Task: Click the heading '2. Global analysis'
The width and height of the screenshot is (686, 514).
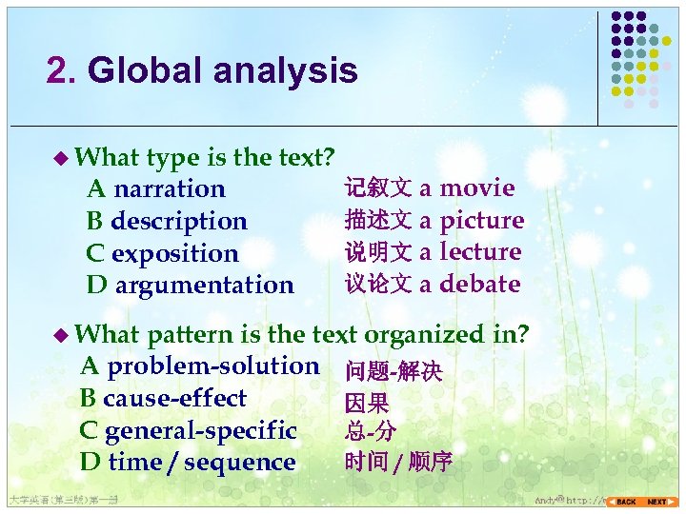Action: (202, 71)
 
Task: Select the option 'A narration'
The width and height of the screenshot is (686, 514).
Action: (155, 189)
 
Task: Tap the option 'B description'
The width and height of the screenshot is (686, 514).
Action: (167, 221)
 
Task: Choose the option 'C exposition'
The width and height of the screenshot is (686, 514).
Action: (162, 253)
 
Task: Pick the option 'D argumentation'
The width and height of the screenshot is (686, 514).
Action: (191, 285)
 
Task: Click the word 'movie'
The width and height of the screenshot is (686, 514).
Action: (477, 188)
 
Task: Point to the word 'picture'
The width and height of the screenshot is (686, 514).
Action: (482, 221)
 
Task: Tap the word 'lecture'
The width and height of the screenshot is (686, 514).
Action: (480, 252)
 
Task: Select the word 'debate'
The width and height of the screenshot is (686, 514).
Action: (480, 284)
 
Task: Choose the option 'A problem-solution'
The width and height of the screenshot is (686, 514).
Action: (200, 366)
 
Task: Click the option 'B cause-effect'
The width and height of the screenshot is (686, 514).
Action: (164, 399)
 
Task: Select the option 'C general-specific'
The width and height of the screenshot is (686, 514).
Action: (189, 431)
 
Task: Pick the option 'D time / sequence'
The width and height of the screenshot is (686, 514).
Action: (189, 463)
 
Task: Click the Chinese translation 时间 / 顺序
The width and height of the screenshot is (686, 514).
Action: (398, 464)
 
